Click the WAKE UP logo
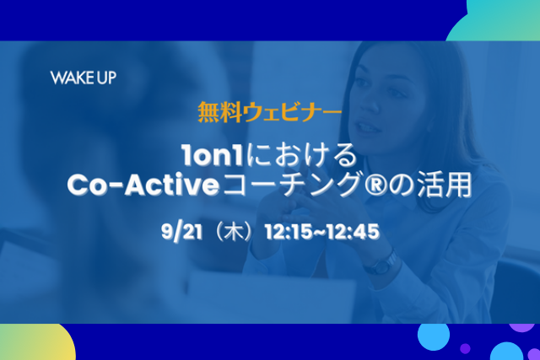84,78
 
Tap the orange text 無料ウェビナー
270,112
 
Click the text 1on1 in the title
213,155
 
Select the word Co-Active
143,185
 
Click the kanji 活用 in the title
445,185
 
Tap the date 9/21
181,232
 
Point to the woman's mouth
367,128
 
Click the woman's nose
370,103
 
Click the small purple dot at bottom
465,348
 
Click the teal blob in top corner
496,20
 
